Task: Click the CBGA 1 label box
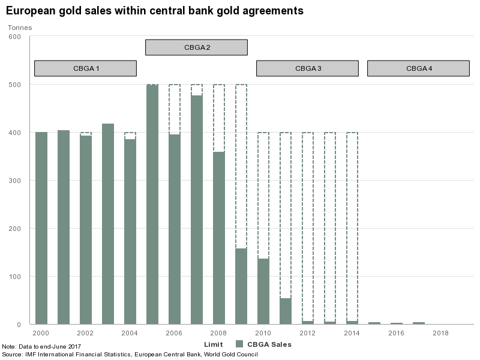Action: tap(85, 68)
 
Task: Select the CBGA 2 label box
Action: tap(196, 47)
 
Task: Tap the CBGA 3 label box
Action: tap(307, 68)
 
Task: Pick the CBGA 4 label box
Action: tap(418, 68)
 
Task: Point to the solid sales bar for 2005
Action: tap(152, 205)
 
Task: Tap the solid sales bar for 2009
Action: tap(241, 286)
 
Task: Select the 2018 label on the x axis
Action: tap(440, 332)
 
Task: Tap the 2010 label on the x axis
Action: tap(263, 332)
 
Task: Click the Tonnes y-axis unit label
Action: tap(20, 27)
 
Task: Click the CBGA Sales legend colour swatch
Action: tap(239, 344)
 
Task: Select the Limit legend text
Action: tap(214, 344)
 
